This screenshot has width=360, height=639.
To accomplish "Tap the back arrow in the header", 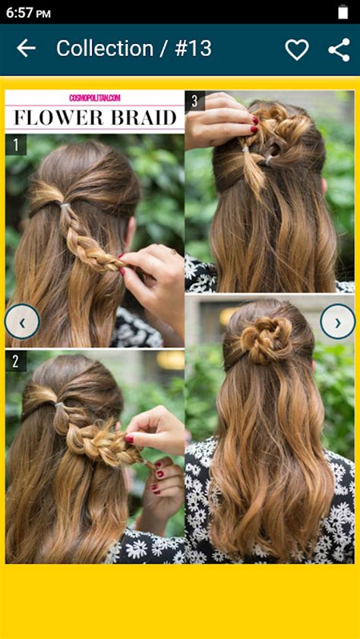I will tap(26, 49).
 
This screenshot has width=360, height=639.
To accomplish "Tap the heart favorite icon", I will tap(296, 49).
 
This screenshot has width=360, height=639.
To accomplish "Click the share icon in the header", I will tap(339, 49).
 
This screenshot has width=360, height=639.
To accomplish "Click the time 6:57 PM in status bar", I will tap(28, 13).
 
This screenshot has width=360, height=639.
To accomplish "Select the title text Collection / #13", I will tap(134, 49).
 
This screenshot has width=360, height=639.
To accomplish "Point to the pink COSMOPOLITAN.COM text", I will tap(95, 98).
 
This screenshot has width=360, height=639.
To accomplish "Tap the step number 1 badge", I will tap(15, 144).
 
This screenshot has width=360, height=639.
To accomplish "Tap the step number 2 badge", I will tap(15, 360).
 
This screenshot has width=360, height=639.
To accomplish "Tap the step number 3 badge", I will tap(195, 101).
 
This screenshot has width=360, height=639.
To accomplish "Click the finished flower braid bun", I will tap(267, 339).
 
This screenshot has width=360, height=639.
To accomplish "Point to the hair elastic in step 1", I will tap(65, 206).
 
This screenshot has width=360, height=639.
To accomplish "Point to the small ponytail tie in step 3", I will tap(245, 150).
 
